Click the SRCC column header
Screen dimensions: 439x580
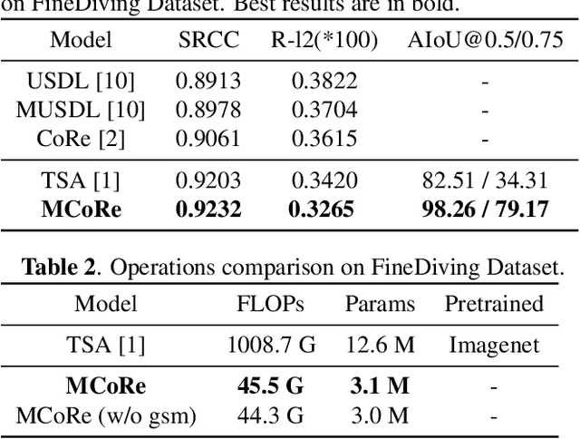(208, 40)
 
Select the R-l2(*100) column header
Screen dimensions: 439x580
(324, 40)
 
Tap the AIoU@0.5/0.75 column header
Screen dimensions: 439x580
(485, 40)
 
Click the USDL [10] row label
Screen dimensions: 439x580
(81, 81)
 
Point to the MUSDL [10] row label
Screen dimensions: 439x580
(81, 110)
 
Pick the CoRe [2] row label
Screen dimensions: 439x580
(81, 139)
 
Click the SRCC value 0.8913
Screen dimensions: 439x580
(208, 81)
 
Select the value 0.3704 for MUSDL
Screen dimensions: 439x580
(324, 110)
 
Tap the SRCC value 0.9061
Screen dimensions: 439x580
(208, 139)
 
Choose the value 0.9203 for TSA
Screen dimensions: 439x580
(208, 180)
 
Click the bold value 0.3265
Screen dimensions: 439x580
(324, 210)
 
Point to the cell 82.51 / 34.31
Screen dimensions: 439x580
(485, 180)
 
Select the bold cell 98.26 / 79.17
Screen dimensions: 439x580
(485, 210)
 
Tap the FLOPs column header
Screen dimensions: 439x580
(269, 304)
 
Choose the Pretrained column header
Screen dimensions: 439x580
(493, 304)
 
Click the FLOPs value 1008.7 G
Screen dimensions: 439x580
(269, 345)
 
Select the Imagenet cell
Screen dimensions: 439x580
(493, 345)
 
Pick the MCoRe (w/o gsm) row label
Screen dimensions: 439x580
(107, 415)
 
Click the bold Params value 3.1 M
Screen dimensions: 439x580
(380, 386)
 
